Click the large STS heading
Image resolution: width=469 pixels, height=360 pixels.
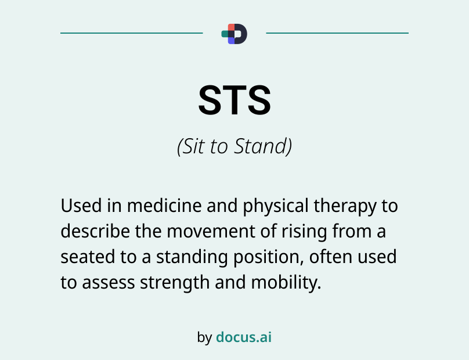(234, 100)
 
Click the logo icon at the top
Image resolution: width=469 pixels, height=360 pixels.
(234, 34)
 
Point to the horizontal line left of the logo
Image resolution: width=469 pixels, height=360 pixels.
(132, 33)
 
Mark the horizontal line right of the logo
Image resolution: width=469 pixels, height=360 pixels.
(337, 33)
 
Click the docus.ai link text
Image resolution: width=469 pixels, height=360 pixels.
(244, 337)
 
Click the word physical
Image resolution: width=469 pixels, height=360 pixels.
(276, 207)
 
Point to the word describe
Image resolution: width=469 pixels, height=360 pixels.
(95, 232)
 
